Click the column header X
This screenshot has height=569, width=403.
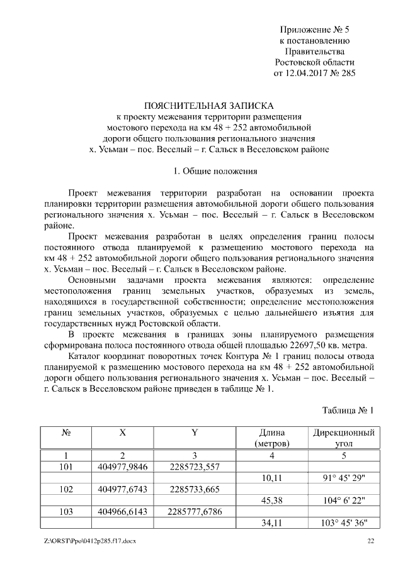pyautogui.click(x=122, y=433)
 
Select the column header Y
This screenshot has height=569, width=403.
pyautogui.click(x=195, y=433)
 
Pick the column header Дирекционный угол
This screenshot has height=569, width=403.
pyautogui.click(x=344, y=438)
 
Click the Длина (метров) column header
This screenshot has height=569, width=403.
pyautogui.click(x=271, y=438)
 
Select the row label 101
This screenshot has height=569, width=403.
pyautogui.click(x=65, y=467)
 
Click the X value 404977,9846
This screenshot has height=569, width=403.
pyautogui.click(x=123, y=467)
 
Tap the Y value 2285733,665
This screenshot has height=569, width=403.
pyautogui.click(x=195, y=489)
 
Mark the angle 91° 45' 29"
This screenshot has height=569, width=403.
pyautogui.click(x=344, y=478)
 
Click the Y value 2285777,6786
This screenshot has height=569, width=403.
pyautogui.click(x=195, y=512)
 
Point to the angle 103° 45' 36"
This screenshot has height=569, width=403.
pyautogui.click(x=344, y=523)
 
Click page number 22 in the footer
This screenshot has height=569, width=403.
pyautogui.click(x=371, y=541)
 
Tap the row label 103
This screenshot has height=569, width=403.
pyautogui.click(x=65, y=512)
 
